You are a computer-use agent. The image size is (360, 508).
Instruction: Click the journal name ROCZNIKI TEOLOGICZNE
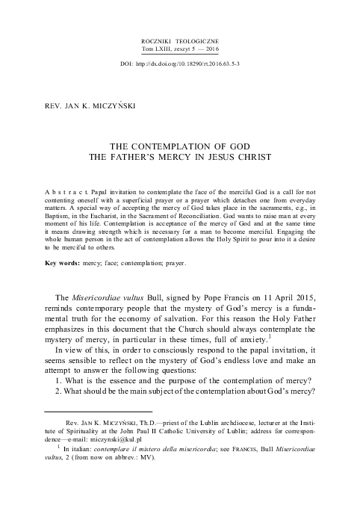180,37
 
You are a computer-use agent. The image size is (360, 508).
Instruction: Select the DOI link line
180,64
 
